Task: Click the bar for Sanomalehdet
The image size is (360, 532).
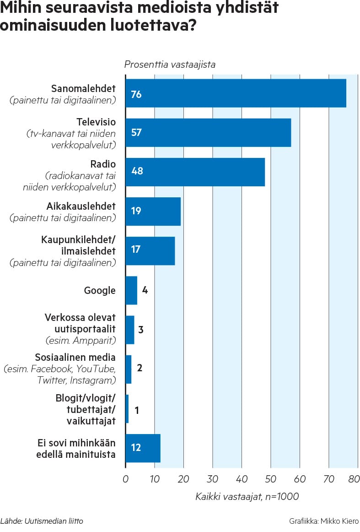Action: pos(236,93)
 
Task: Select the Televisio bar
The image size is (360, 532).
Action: pos(208,133)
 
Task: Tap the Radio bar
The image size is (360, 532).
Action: pos(195,172)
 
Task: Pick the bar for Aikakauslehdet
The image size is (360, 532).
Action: pos(153,211)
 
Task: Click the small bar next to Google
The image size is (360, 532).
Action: pos(131,290)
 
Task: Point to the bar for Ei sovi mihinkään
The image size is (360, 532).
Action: pos(143,448)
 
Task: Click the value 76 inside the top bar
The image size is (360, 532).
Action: pos(136,94)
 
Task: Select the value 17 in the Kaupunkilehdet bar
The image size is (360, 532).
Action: pos(136,250)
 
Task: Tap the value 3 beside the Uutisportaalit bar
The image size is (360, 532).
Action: pos(141,330)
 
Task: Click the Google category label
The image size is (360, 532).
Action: pos(100,290)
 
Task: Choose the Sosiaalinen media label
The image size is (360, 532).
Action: pos(75,358)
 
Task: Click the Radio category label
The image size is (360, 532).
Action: pos(103,164)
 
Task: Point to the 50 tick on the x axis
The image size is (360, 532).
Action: pos(270,479)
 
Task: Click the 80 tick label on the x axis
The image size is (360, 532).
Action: pos(354,479)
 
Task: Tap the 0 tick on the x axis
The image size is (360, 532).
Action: pos(125,479)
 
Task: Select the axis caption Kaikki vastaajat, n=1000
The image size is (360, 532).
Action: pos(247,497)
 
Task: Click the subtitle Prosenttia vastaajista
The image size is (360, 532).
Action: pos(170,65)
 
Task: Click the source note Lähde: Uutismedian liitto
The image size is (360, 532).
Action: pos(42,521)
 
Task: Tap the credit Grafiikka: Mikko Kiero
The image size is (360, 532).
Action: pos(324,521)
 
